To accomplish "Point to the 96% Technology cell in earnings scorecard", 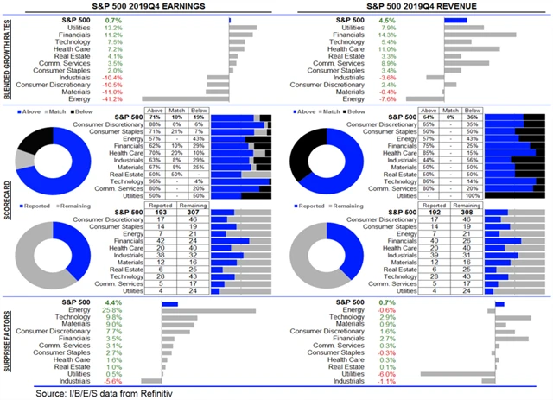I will click(x=156, y=180).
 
